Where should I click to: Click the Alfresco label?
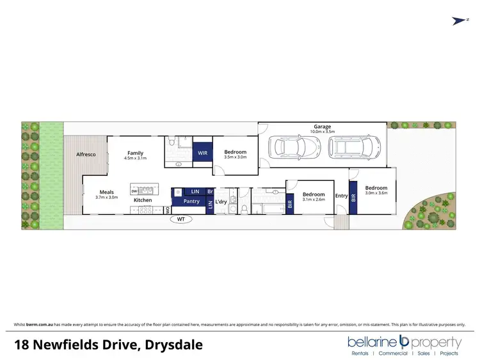[86, 155]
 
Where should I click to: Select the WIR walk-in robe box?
[202, 153]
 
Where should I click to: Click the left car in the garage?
[287, 148]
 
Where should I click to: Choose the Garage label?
[322, 127]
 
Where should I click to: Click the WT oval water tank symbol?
[180, 220]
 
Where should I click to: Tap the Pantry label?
[191, 201]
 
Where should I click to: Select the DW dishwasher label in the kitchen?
[134, 191]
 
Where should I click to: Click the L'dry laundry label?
[221, 202]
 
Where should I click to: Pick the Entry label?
[341, 196]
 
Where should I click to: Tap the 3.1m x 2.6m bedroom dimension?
[314, 200]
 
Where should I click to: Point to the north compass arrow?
[458, 21]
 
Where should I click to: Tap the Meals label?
[106, 192]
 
